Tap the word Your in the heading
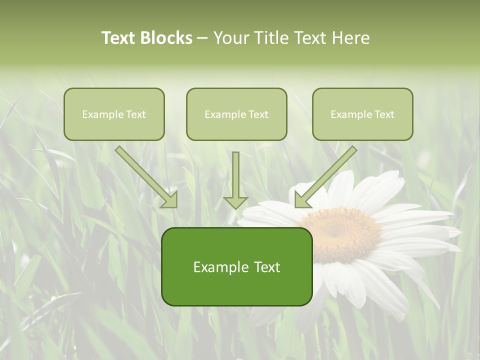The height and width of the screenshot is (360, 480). coord(231,38)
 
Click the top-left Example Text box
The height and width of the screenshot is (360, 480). coord(114,114)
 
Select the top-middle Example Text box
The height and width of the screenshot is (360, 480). coord(236,114)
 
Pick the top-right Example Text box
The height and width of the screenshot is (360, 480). coord(362,114)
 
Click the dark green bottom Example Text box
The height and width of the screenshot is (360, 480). coord(236,267)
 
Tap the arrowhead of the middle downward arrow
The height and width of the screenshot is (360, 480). coord(235,202)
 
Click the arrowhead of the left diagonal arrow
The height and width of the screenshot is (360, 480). coord(170,200)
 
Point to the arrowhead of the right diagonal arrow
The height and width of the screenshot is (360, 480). coord(302,200)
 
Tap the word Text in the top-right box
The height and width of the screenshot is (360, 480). coord(384,114)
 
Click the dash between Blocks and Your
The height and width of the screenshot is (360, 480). coord(202,38)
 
